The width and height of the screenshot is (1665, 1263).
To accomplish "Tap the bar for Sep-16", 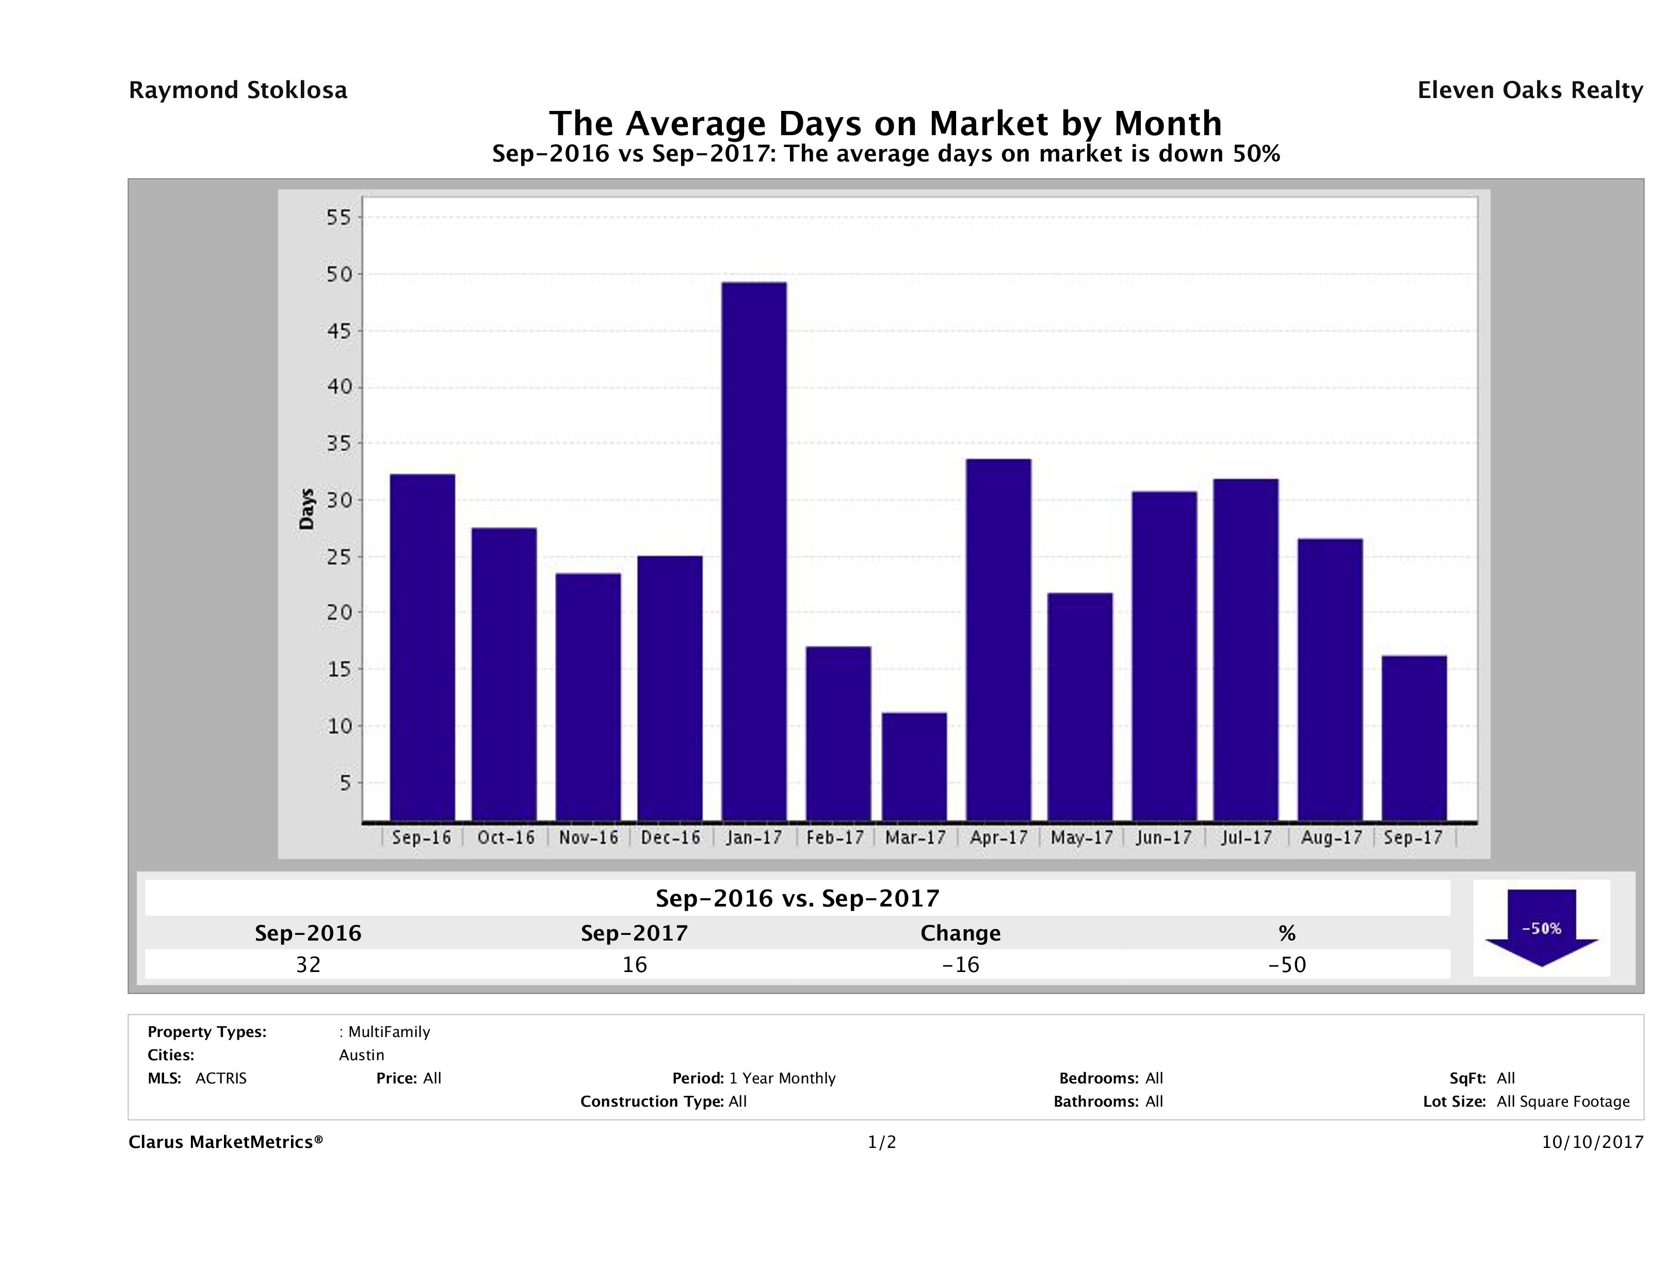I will point(422,647).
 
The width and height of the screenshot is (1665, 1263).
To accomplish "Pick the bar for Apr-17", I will point(999,640).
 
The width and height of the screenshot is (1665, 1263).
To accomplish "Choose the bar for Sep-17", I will point(1414,738).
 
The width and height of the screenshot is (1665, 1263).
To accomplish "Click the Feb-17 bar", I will point(838,733).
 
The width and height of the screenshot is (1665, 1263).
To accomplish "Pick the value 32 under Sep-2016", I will point(308,965).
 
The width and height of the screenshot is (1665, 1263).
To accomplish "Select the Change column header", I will point(961,933).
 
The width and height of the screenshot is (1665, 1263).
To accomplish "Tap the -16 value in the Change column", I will point(961,965).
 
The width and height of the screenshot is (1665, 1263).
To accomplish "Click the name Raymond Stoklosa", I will point(238,90).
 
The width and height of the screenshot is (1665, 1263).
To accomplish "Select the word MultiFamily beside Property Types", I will point(389,1032).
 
